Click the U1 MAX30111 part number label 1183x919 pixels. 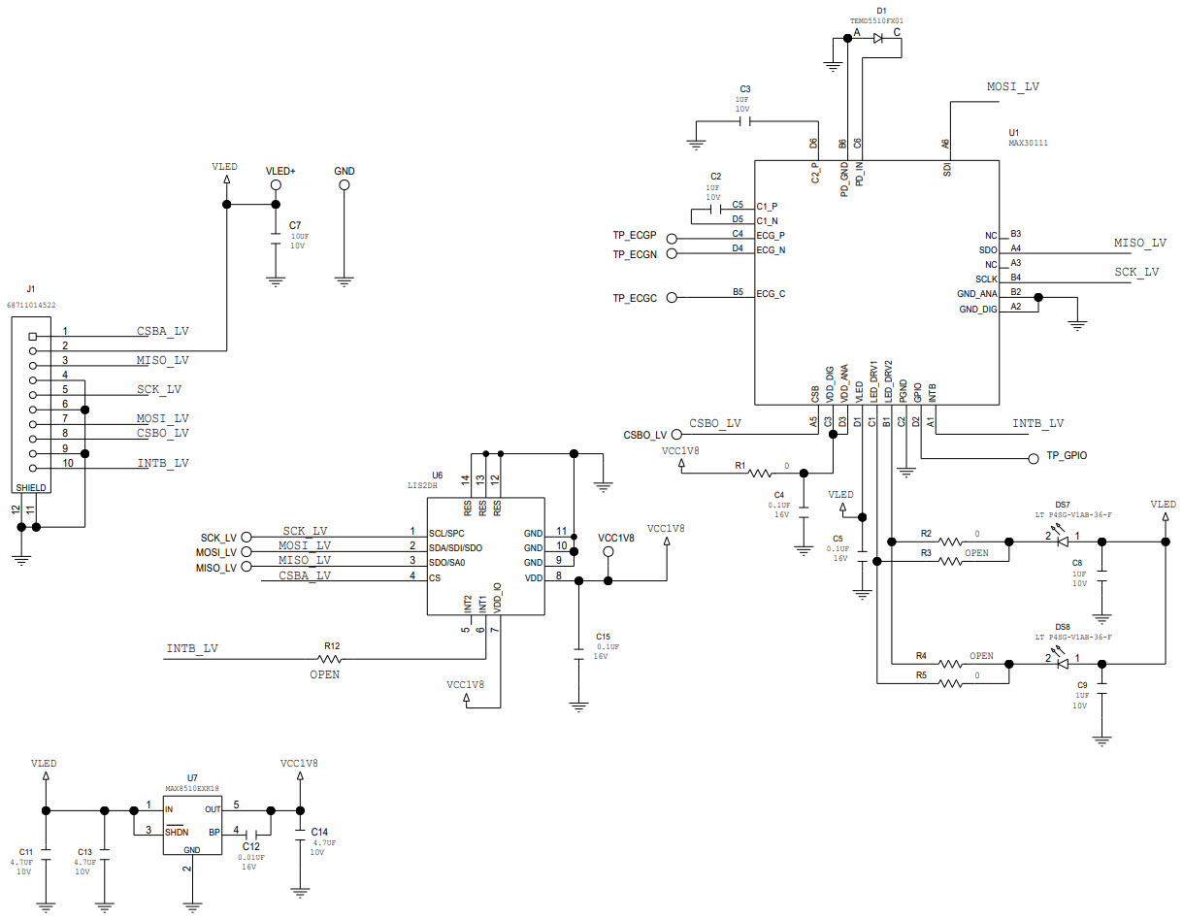click(x=1028, y=143)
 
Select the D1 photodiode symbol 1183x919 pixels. click(x=877, y=39)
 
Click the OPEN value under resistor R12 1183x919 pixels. click(x=324, y=674)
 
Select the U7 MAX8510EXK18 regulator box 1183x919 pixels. click(x=192, y=826)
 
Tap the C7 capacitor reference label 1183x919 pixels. click(x=294, y=225)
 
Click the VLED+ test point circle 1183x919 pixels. click(x=276, y=184)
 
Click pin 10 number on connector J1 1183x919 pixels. click(x=67, y=464)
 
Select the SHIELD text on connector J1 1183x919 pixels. click(x=30, y=487)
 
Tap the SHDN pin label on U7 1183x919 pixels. click(x=177, y=832)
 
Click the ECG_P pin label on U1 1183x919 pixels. click(x=771, y=235)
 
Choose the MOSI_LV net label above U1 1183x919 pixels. click(x=1013, y=86)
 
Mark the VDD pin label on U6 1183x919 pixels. click(x=533, y=577)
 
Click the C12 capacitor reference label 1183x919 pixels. click(x=251, y=847)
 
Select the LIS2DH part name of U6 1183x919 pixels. click(x=424, y=486)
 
